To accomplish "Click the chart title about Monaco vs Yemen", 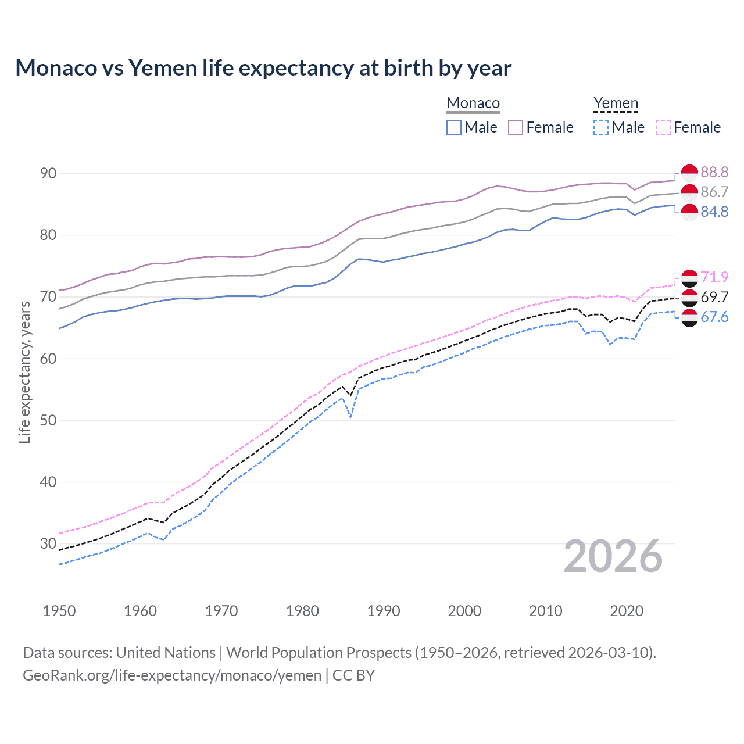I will (263, 68).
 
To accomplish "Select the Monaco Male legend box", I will (454, 127).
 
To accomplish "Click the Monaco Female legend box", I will (516, 127).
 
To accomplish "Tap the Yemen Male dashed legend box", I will (601, 127).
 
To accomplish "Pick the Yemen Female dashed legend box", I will (663, 127).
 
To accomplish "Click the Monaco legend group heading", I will (473, 103).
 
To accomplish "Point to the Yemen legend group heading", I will (616, 103).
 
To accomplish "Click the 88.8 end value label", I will (714, 172).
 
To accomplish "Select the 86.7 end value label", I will (714, 192).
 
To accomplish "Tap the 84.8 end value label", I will (714, 212).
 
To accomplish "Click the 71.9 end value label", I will (714, 277).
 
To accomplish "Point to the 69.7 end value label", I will (714, 297).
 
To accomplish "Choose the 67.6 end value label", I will (714, 317).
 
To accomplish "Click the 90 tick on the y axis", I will (49, 173).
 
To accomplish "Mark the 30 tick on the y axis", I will (49, 543).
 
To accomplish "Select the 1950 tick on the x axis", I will (59, 611).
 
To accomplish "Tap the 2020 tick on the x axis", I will (627, 611).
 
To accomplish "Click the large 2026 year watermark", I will (613, 556).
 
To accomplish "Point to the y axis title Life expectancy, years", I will (24, 372).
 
